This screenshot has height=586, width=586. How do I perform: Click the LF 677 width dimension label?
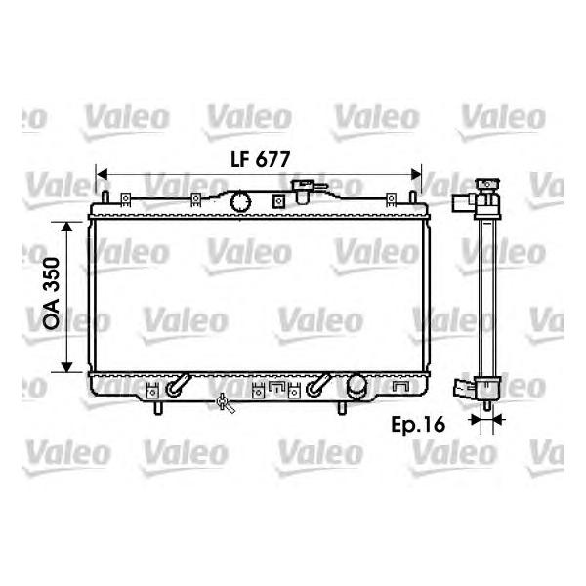[260, 159]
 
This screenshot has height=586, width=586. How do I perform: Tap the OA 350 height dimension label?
[51, 293]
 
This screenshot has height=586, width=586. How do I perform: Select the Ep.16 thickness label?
[418, 425]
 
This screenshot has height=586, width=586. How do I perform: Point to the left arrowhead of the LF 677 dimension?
[102, 174]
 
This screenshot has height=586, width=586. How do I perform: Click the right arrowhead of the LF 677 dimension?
[416, 174]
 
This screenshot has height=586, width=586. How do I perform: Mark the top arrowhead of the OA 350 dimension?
[66, 227]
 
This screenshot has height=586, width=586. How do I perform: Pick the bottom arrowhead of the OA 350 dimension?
[66, 367]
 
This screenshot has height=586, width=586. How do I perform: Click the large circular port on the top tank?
[240, 202]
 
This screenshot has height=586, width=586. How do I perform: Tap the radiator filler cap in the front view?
[304, 190]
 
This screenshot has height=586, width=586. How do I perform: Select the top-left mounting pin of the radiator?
[105, 197]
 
